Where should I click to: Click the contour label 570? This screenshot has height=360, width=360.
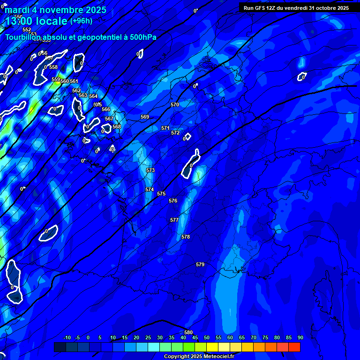[175, 105]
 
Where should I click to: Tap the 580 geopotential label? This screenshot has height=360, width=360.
[188, 332]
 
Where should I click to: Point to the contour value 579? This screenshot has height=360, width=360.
[200, 265]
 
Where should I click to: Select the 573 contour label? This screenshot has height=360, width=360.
[150, 170]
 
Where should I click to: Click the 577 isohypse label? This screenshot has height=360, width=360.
[174, 220]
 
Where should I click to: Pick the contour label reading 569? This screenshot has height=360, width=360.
[145, 117]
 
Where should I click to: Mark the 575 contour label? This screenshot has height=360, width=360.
[161, 194]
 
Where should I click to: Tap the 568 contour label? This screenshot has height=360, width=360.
[117, 127]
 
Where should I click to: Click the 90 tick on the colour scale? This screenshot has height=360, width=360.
[300, 337]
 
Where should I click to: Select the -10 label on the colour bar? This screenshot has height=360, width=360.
[67, 337]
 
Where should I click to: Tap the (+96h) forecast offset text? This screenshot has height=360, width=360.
[81, 21]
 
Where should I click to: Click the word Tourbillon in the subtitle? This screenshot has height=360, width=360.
[23, 37]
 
